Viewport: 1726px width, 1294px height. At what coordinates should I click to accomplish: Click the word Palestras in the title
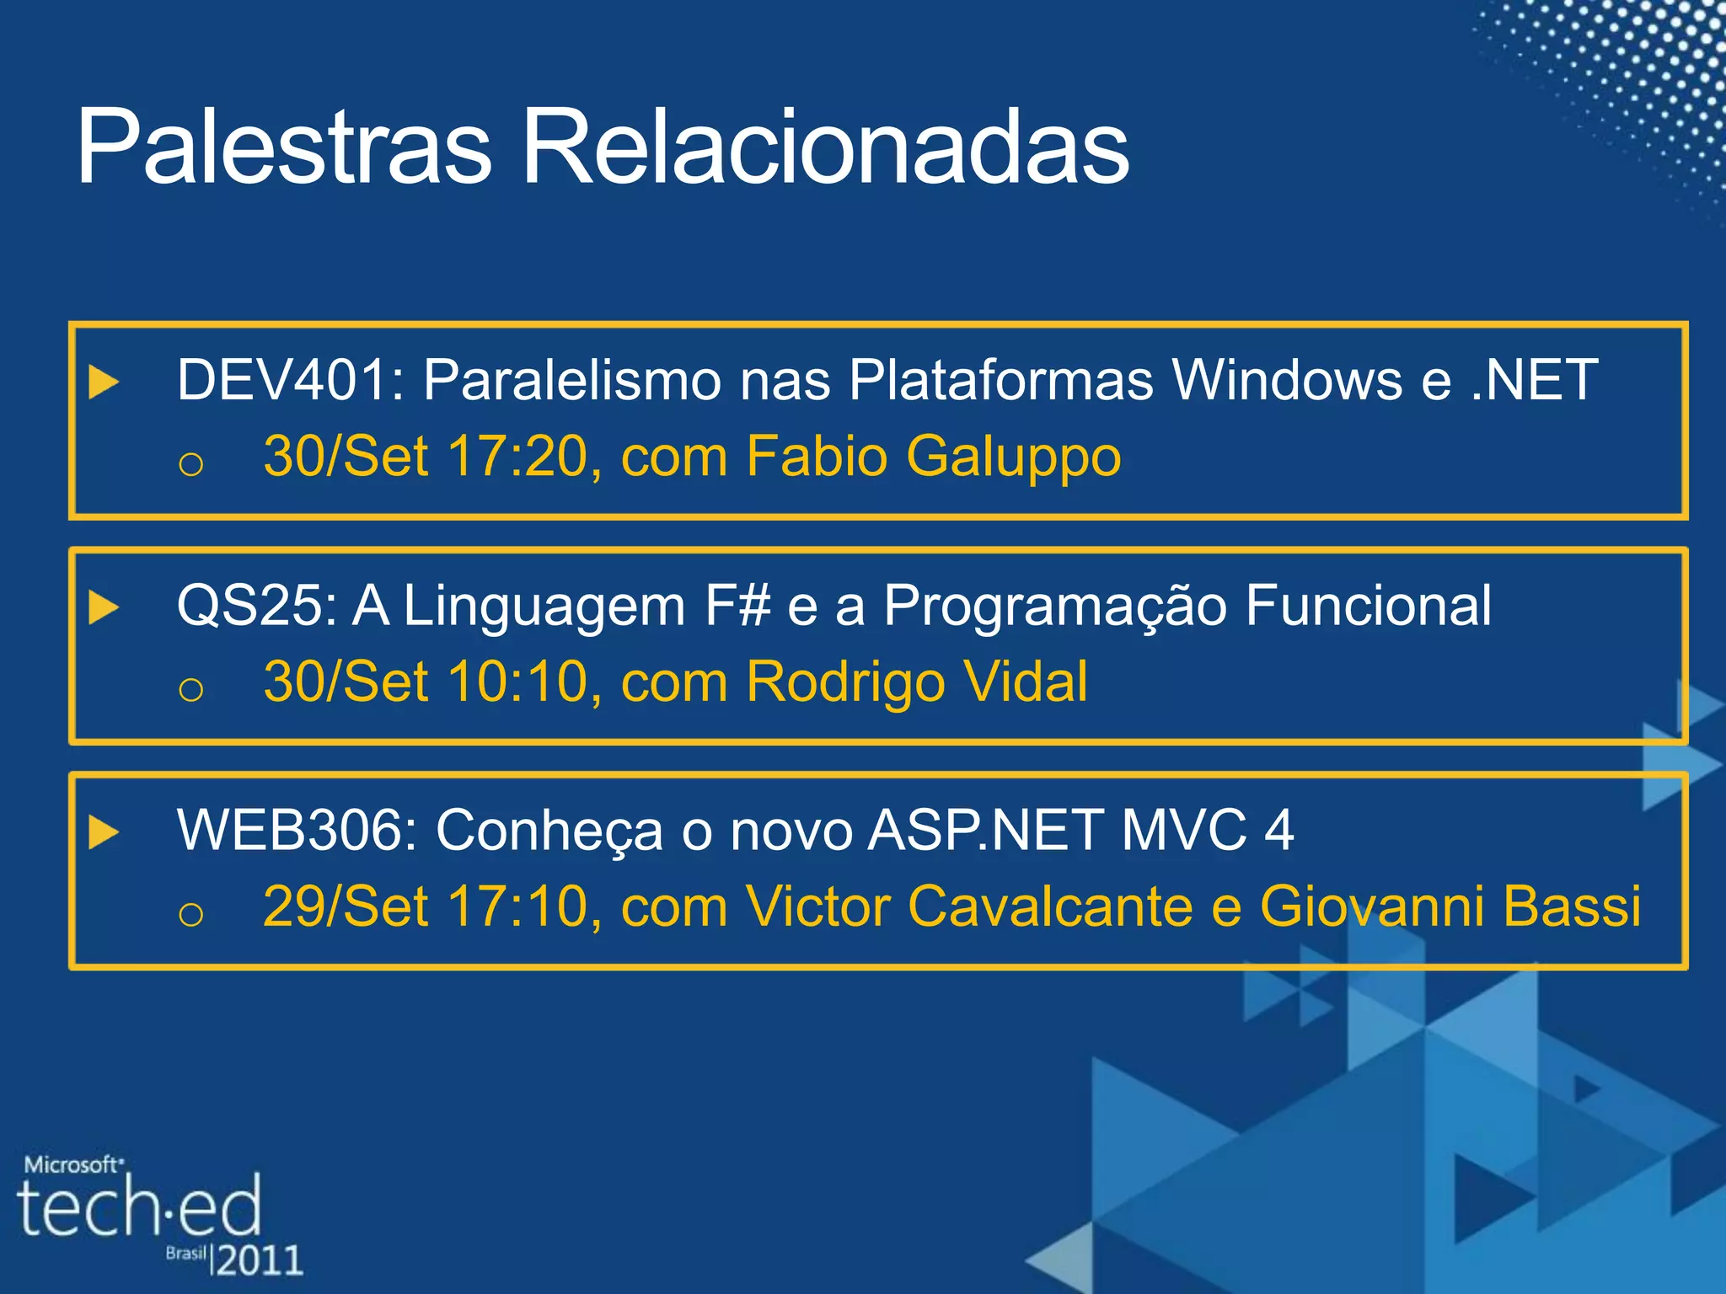pyautogui.click(x=283, y=147)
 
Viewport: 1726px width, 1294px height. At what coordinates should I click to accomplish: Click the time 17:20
pyautogui.click(x=517, y=457)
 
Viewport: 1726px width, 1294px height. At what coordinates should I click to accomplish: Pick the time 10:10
pyautogui.click(x=517, y=682)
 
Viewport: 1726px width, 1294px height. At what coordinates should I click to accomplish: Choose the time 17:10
pyautogui.click(x=517, y=907)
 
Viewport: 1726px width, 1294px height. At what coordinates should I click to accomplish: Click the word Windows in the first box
pyautogui.click(x=1287, y=380)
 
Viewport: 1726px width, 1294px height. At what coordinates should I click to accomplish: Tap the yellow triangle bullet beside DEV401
pyautogui.click(x=103, y=382)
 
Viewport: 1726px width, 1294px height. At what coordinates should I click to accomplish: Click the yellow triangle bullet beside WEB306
pyautogui.click(x=103, y=832)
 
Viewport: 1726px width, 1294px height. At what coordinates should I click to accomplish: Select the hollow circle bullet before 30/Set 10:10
pyautogui.click(x=191, y=690)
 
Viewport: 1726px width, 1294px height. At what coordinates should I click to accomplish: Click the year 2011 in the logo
pyautogui.click(x=259, y=1260)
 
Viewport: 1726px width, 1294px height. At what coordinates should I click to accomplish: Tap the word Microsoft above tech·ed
pyautogui.click(x=72, y=1165)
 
